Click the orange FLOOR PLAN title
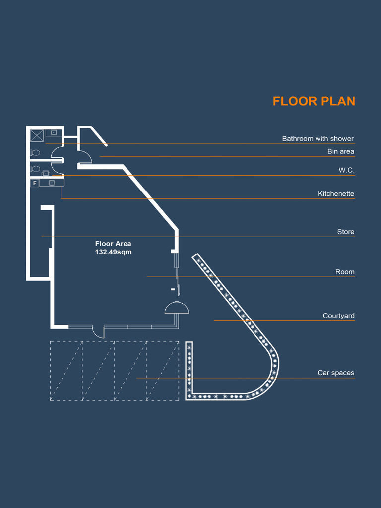(314, 101)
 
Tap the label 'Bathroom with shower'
(317, 139)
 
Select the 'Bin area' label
(340, 151)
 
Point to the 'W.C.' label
(346, 170)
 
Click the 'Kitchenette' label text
(336, 193)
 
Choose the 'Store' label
(345, 232)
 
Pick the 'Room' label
(345, 272)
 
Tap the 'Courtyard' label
(338, 316)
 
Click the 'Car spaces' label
(336, 373)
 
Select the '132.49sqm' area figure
(113, 252)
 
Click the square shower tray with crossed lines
(37, 135)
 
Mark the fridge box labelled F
(34, 183)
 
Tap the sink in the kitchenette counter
(51, 183)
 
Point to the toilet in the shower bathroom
(35, 153)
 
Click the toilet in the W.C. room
(35, 169)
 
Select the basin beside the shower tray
(54, 133)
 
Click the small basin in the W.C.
(46, 173)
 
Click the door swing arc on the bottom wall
(98, 332)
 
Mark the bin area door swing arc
(85, 155)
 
